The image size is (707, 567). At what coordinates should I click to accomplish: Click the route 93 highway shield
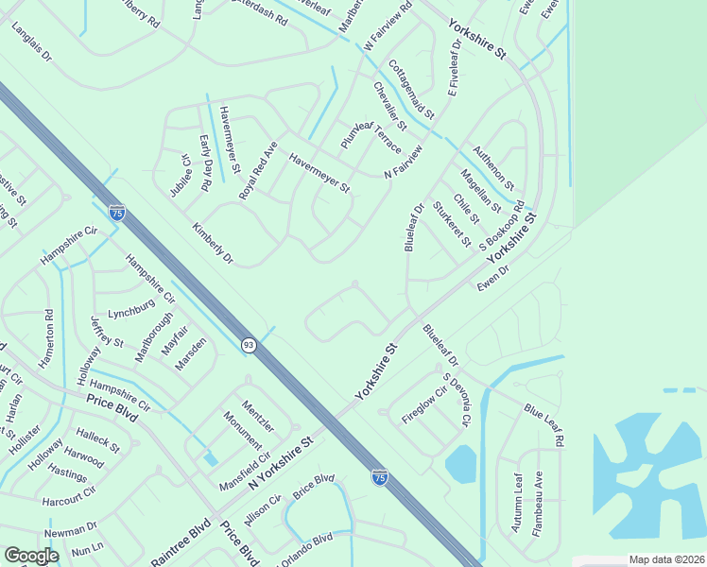coord(248,345)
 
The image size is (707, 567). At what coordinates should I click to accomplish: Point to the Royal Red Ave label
coord(257,170)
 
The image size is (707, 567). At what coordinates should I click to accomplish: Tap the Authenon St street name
coord(493,167)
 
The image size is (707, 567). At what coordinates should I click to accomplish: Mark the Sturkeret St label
coord(451,224)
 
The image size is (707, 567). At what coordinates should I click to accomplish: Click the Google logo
coord(31,556)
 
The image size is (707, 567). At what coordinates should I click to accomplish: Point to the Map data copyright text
coord(666,559)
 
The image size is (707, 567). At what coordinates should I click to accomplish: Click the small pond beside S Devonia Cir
coord(460,464)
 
